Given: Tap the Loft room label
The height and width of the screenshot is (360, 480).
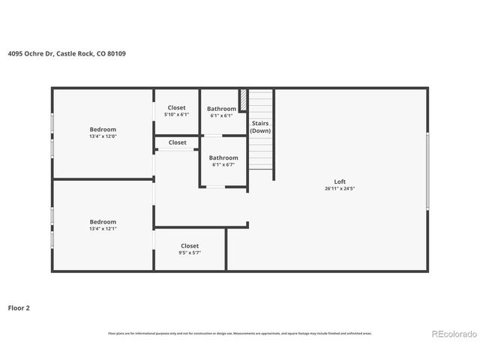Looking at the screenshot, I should coord(340,181).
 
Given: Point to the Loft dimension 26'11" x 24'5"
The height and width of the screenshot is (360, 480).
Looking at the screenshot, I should coord(340,188).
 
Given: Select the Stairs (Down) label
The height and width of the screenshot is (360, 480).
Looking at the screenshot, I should coord(260,127).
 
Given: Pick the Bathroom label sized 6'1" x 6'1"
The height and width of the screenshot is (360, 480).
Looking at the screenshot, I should coord(221,109).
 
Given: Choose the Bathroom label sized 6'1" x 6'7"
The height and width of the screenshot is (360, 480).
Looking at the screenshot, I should coord(224,157).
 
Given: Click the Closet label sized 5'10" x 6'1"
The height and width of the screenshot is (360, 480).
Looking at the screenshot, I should coord(176,108).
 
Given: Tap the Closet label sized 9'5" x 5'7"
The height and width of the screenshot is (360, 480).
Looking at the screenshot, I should coord(190,246).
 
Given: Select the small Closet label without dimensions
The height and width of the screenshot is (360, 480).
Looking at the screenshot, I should coord(178,142).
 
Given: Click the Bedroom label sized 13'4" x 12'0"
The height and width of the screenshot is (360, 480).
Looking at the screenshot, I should coord(103,129).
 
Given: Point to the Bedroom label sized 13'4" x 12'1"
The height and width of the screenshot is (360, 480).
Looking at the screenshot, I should coord(103,222).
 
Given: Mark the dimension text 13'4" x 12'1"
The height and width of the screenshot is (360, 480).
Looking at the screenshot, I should coord(103,229).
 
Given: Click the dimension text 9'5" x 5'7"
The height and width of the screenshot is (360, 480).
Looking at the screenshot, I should coord(190,253).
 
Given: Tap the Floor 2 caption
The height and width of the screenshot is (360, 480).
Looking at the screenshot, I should coord(19,307).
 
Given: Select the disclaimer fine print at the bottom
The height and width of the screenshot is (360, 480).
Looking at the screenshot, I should coord(239,333).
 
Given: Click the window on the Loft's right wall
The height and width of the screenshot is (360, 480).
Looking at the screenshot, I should coord(427,171).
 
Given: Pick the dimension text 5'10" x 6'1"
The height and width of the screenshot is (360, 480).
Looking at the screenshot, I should coord(176,115).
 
